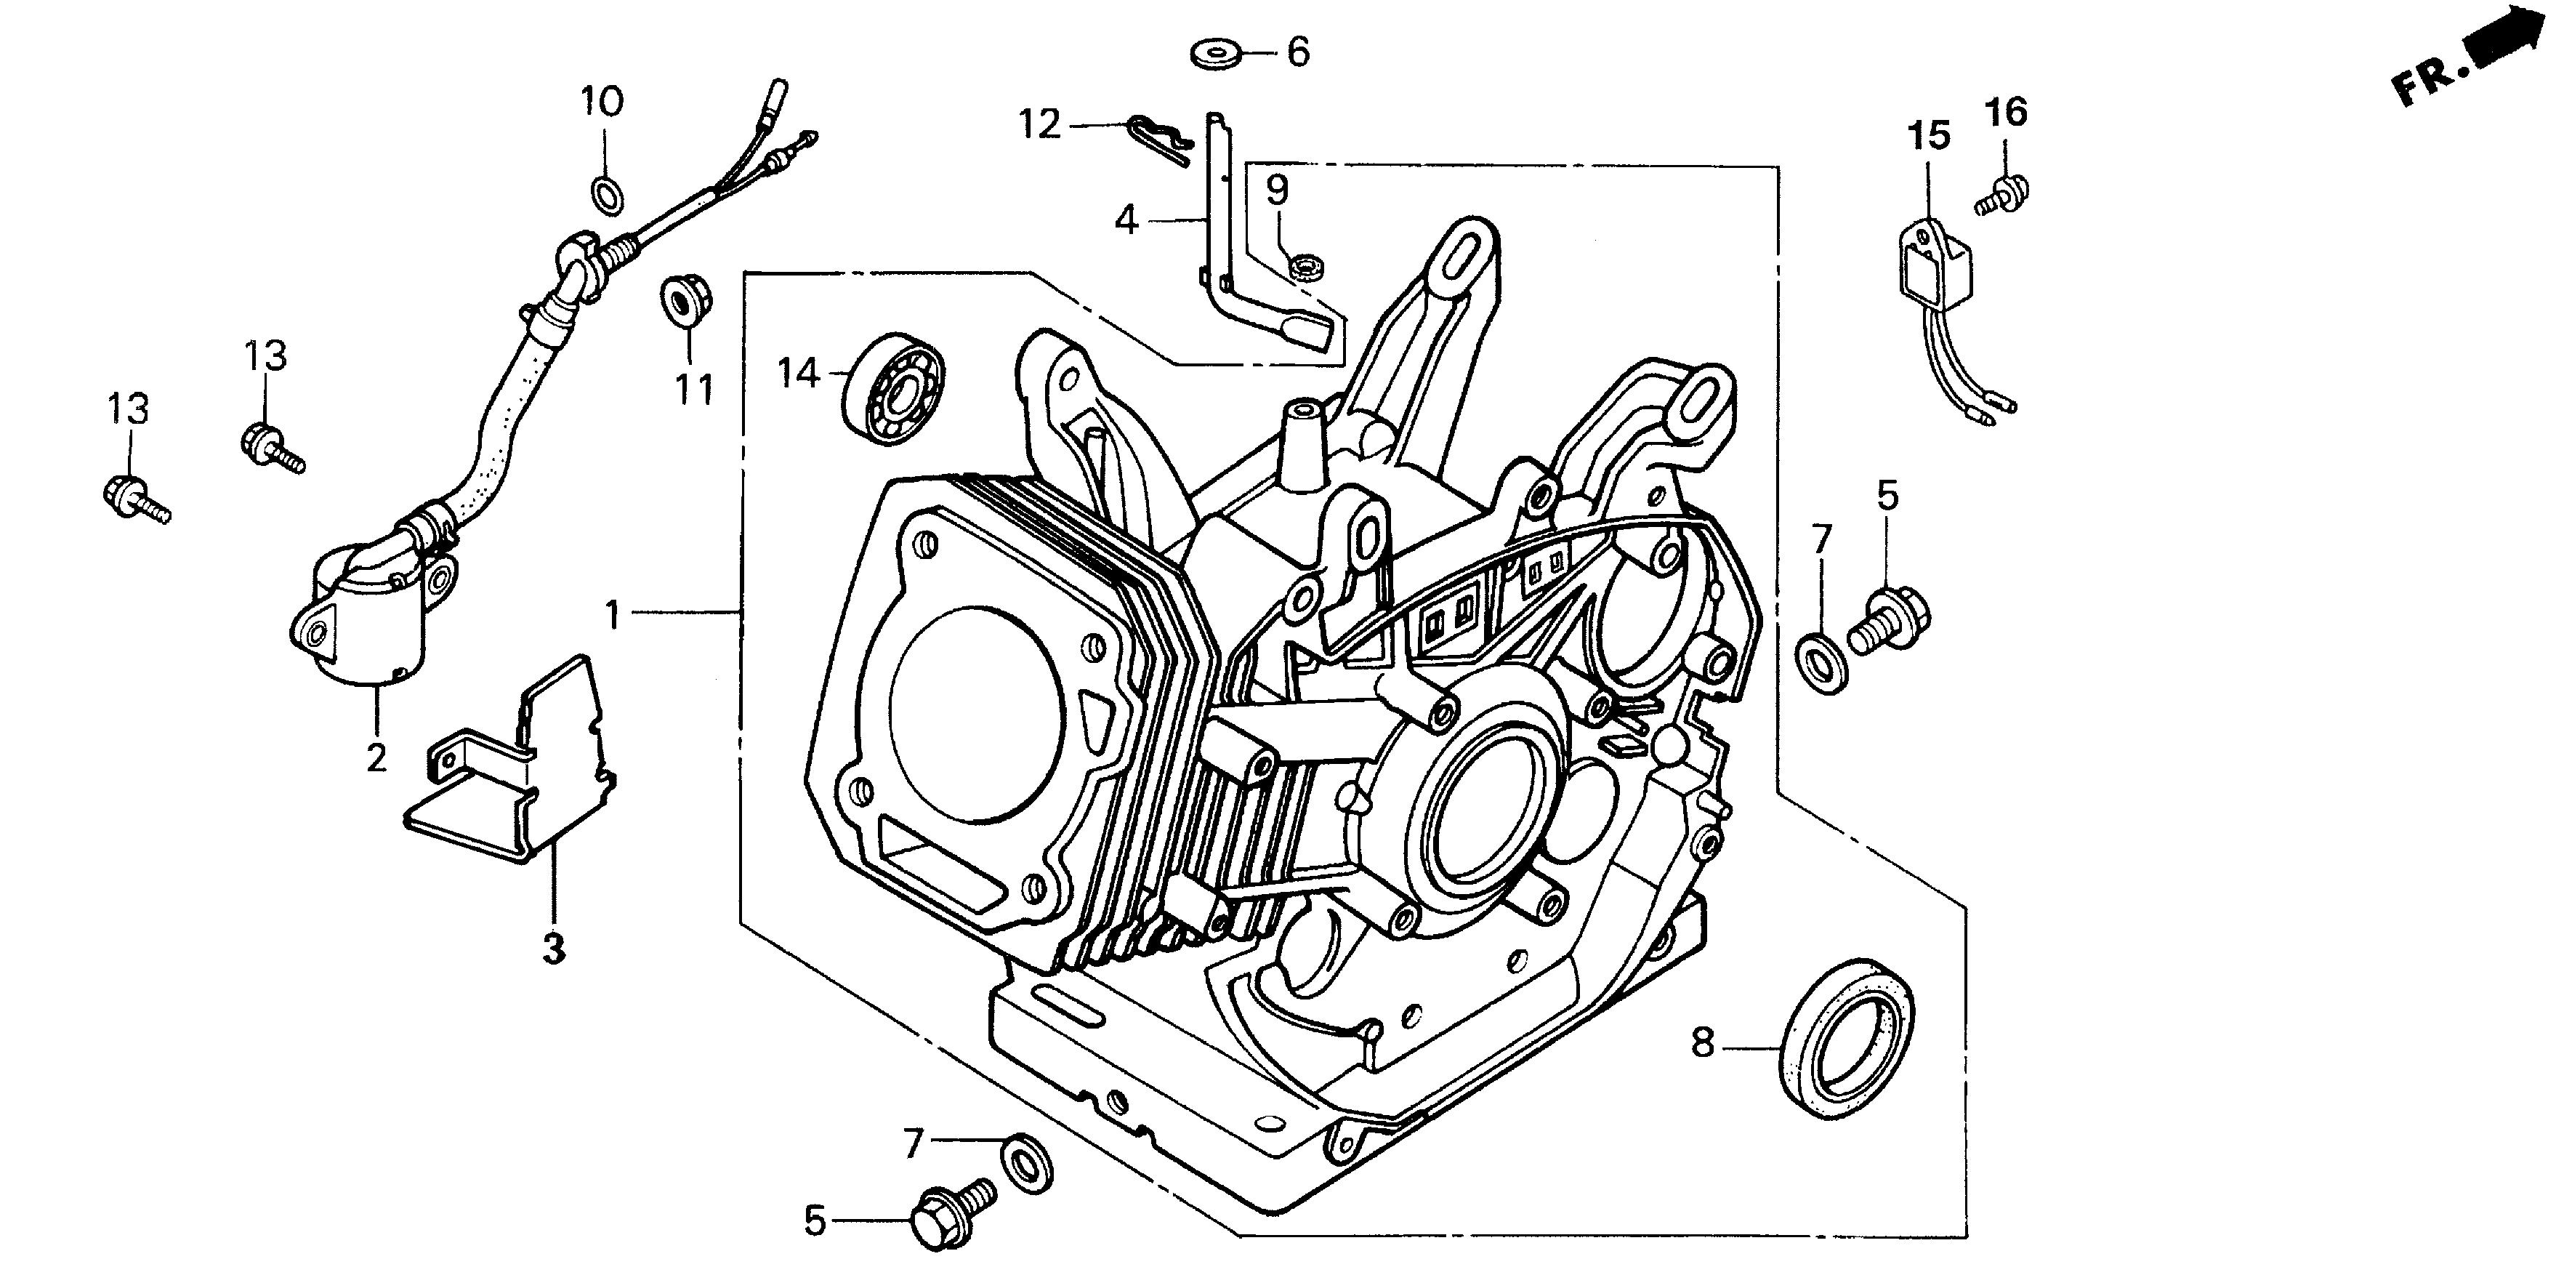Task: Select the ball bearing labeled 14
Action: (894, 388)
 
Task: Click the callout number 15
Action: (1930, 136)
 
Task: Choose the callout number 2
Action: (376, 758)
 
